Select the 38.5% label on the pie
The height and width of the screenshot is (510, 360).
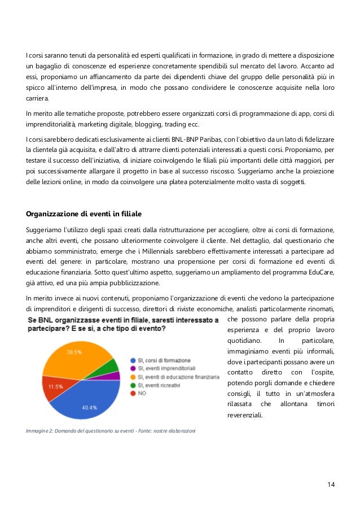coord(74,351)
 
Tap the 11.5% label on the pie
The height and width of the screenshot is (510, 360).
coord(55,386)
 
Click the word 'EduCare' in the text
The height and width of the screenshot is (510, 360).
coord(319,272)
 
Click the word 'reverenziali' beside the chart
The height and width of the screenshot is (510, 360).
coord(246,415)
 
